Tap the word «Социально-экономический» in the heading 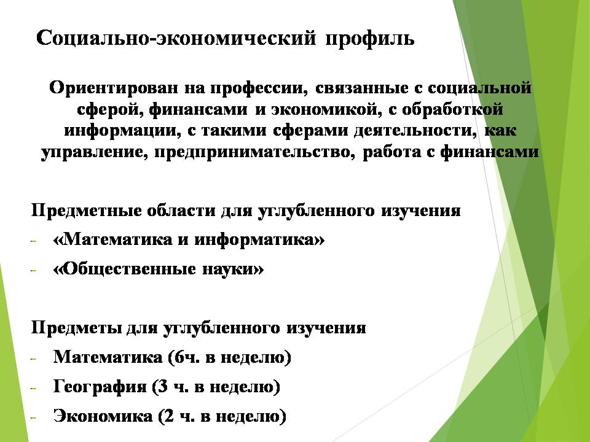[176, 38]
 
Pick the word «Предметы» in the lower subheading [76, 327]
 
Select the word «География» [100, 387]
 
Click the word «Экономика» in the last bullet [103, 416]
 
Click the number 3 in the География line [163, 386]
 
